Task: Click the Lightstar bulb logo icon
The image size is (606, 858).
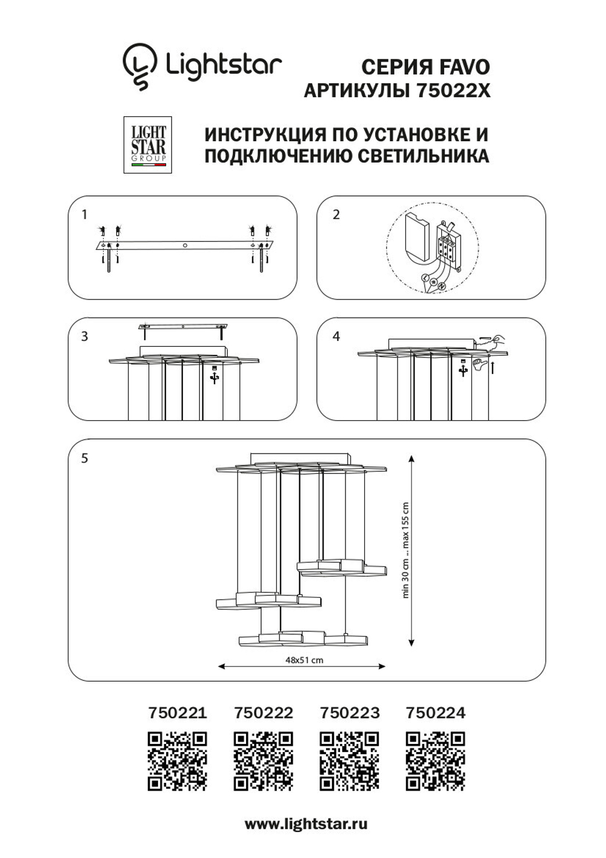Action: (139, 66)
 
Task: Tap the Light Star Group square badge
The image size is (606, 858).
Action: (148, 145)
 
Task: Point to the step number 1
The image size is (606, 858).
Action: (84, 214)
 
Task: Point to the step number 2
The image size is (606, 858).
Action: (336, 214)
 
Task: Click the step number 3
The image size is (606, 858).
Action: (84, 336)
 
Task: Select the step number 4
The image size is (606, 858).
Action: (336, 336)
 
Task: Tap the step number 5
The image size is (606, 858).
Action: (84, 458)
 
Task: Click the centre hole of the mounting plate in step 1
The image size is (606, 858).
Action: (185, 246)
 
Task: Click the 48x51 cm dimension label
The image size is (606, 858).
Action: (304, 660)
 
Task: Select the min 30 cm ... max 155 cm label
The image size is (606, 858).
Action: (405, 550)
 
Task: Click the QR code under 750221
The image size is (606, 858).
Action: (177, 761)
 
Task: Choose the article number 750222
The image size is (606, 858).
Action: (264, 712)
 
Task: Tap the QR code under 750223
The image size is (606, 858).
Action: (350, 761)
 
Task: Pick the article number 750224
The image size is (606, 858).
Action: (436, 712)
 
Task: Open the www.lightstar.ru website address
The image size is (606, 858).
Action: (306, 824)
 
